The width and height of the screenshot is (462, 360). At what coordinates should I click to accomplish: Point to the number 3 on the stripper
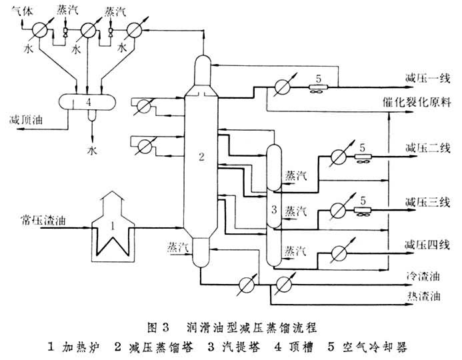[x=273, y=211]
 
